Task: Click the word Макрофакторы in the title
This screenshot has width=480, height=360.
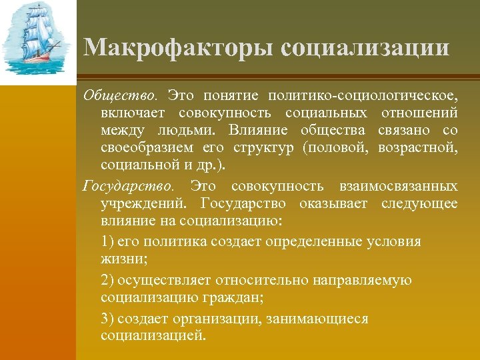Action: (x=178, y=48)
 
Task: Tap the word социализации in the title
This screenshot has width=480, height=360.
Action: (x=365, y=48)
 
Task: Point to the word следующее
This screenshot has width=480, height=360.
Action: (x=419, y=203)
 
